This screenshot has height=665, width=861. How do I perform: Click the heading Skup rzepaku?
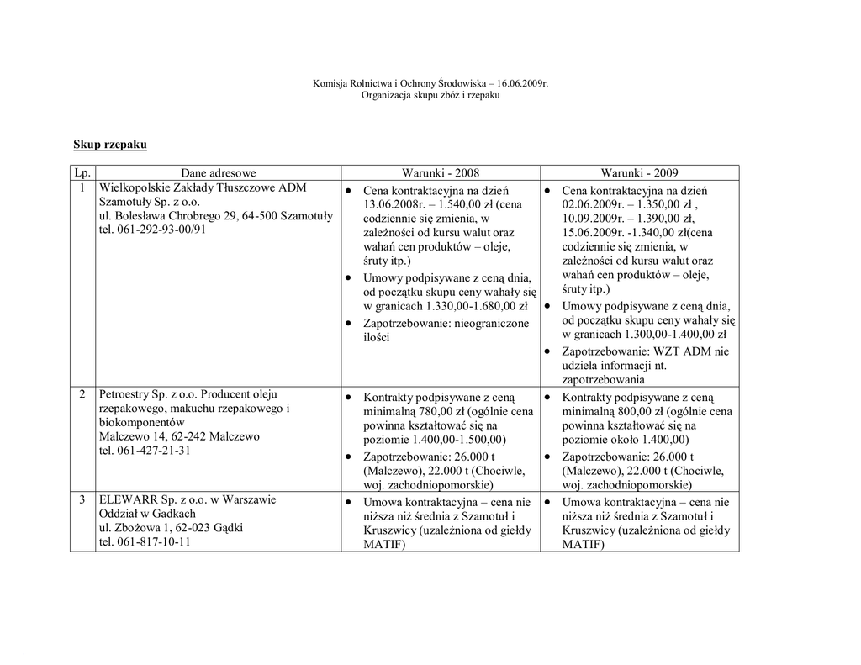point(110,145)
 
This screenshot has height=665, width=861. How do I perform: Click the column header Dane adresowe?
point(218,173)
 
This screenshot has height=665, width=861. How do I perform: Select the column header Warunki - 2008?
point(440,173)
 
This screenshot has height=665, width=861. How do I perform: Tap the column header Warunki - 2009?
point(639,173)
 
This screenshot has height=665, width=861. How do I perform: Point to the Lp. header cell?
point(82,173)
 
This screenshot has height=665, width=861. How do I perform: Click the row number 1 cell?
point(82,187)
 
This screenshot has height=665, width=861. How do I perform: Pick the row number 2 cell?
point(82,394)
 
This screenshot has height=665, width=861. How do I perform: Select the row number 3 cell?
point(82,500)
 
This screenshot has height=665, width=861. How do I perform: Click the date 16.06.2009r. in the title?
point(522,84)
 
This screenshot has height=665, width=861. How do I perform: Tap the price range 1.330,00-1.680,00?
point(477,306)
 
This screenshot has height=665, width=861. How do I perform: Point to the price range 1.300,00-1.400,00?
point(675,335)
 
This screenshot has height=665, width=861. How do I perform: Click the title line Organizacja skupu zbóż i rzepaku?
point(430,96)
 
